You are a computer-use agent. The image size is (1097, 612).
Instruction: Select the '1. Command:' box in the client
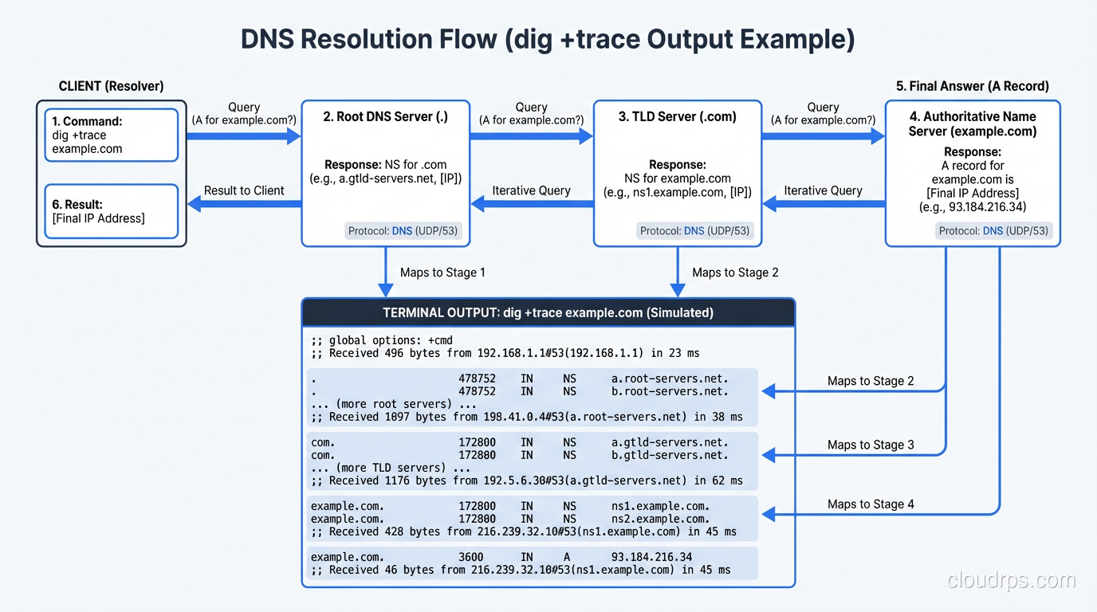(x=111, y=135)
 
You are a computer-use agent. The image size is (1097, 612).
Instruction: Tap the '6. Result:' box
(x=111, y=211)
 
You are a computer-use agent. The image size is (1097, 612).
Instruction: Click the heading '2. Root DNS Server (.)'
(x=385, y=116)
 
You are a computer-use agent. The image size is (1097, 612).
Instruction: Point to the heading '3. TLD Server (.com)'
(x=677, y=116)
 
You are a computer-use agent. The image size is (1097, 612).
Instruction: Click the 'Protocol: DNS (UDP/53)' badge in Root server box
(x=404, y=231)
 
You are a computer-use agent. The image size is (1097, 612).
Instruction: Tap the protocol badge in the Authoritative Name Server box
(x=994, y=231)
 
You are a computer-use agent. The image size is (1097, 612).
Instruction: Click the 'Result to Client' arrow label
(x=244, y=190)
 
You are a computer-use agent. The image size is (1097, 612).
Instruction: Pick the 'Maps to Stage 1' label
(x=442, y=273)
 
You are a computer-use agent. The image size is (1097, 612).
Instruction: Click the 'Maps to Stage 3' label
(x=871, y=445)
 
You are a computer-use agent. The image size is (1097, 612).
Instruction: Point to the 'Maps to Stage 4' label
(x=871, y=504)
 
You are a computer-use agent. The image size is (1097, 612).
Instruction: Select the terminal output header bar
(x=548, y=312)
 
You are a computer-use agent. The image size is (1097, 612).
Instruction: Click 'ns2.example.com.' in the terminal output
(x=660, y=519)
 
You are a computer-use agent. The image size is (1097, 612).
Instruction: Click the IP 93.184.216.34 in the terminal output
(x=651, y=557)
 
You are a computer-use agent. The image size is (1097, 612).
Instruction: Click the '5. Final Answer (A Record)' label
(x=972, y=86)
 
